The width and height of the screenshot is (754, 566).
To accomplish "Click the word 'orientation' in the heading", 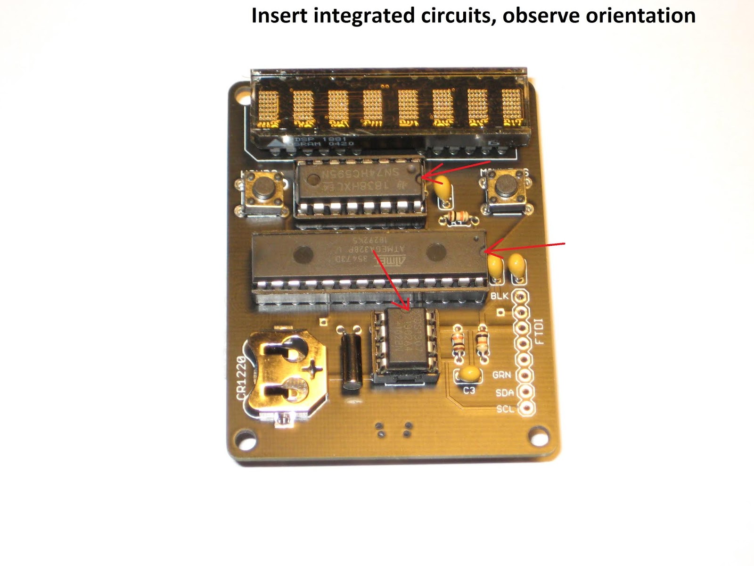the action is coord(640,16).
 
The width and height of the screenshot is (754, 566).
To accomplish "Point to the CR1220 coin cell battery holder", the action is coord(283,372).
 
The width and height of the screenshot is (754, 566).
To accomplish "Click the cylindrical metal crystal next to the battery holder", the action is coord(351,358).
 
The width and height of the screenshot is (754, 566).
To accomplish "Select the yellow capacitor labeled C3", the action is coord(470,374).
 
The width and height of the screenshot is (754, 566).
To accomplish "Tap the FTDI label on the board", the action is coord(539,331).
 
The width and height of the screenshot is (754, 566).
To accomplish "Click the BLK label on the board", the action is coord(500,296).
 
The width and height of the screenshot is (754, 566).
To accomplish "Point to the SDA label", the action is coord(504,392).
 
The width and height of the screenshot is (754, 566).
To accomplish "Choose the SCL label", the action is coord(505,408).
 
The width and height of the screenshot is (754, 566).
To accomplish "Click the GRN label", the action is coord(501,375).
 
